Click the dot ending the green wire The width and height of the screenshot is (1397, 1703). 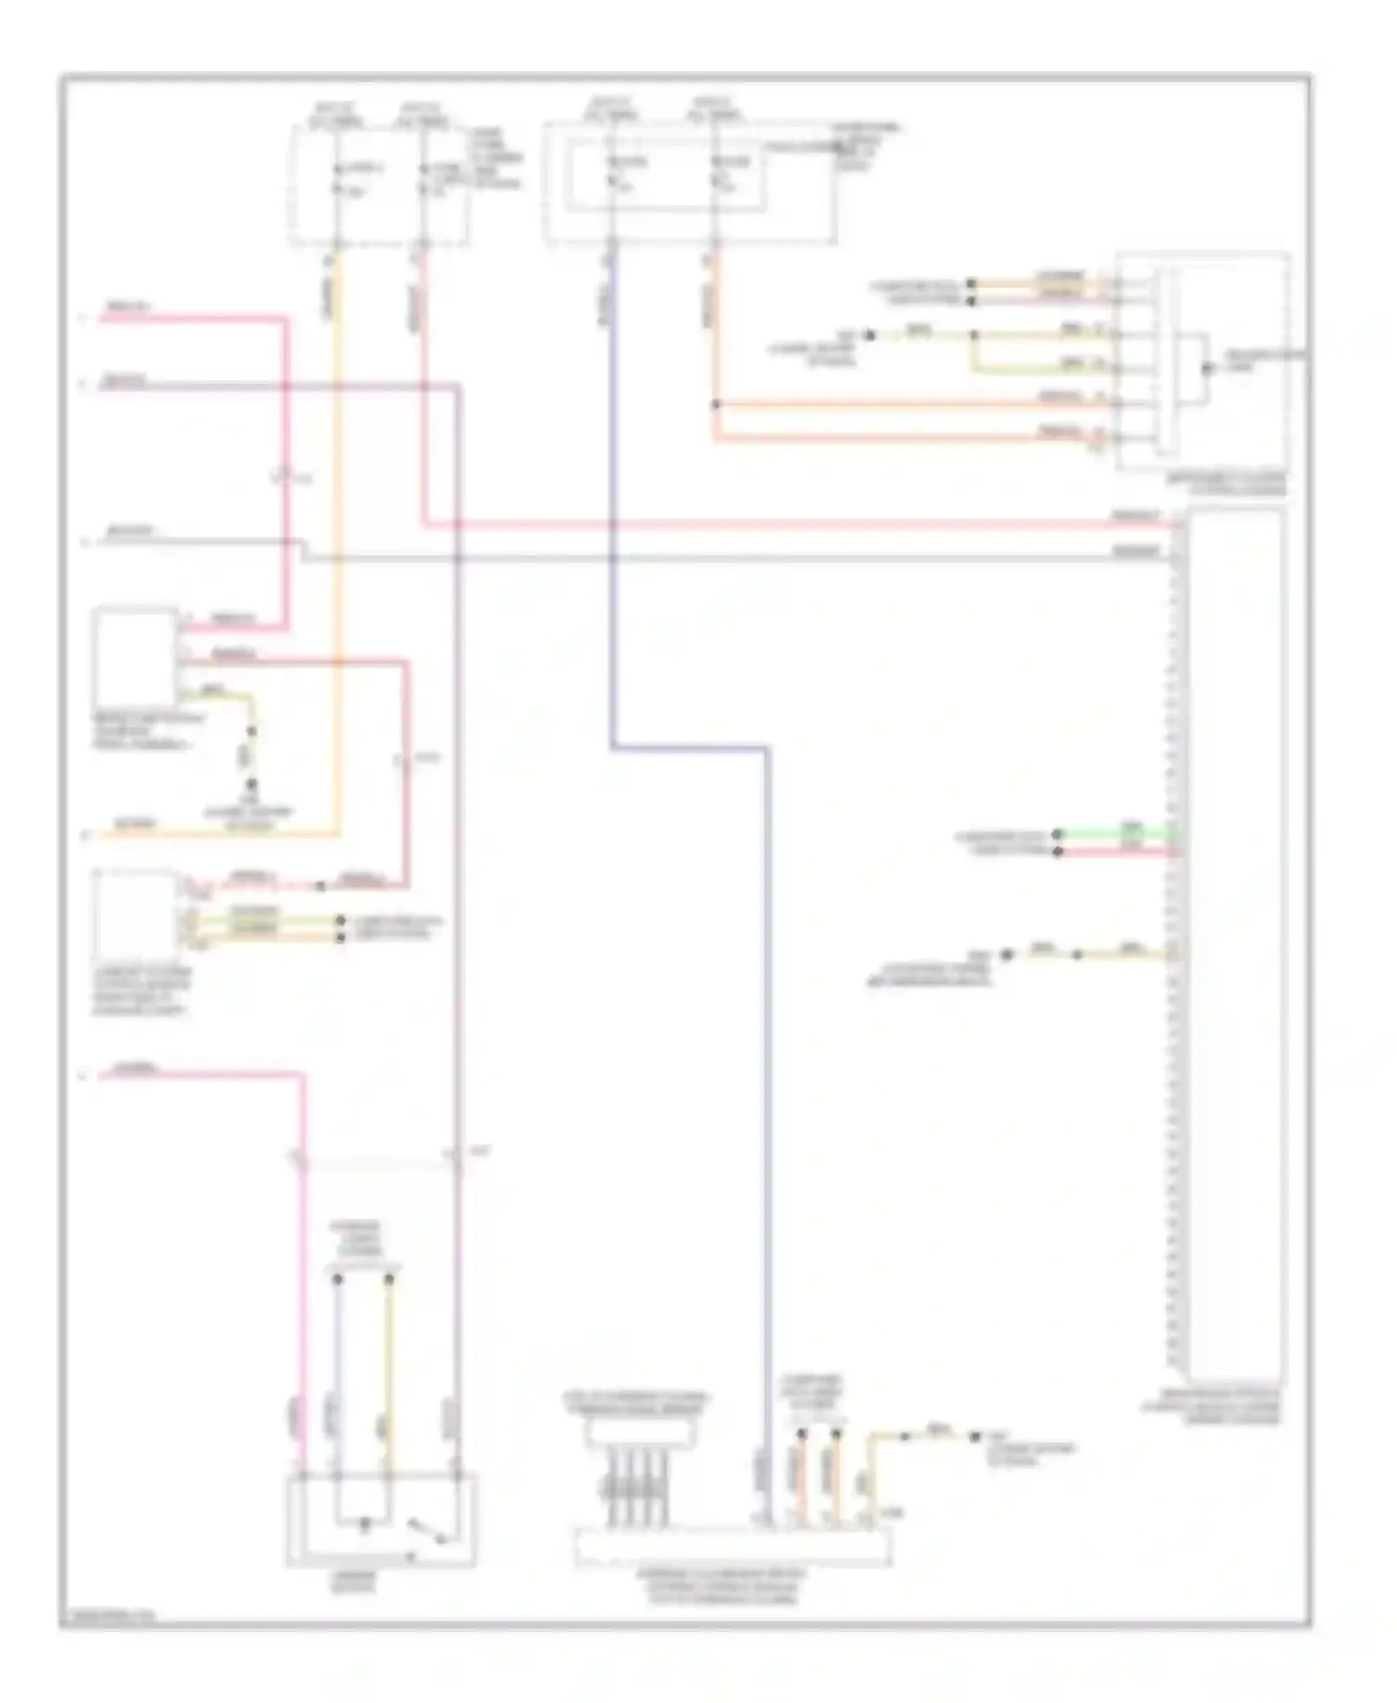coord(1057,835)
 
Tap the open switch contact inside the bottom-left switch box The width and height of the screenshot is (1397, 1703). coord(425,1529)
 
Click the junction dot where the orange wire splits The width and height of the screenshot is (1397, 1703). coord(716,404)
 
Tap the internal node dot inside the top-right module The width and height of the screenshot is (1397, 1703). coord(1206,368)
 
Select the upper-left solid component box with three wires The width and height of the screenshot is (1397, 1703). coord(135,657)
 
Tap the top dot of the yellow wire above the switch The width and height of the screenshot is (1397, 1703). coord(390,1279)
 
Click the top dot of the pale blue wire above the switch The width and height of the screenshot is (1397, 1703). coord(338,1279)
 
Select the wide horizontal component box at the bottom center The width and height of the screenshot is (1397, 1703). coord(733,1546)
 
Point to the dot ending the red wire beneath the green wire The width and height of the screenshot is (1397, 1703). coord(1057,851)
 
